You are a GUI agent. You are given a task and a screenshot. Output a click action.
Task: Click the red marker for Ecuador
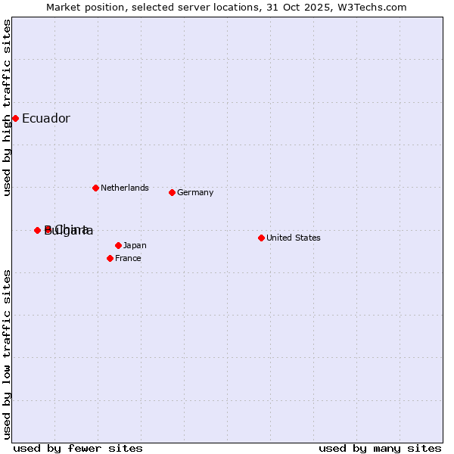click(x=15, y=118)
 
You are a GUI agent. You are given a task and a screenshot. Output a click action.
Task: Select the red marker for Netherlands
click(x=95, y=188)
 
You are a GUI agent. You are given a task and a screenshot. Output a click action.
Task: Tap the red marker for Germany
click(x=172, y=192)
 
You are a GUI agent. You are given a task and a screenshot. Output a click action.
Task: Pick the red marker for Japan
click(x=118, y=245)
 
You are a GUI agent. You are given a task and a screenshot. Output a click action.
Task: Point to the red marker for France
click(x=110, y=258)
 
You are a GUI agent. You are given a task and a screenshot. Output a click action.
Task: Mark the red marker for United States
click(x=261, y=238)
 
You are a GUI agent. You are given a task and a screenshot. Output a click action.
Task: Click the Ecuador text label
click(x=45, y=118)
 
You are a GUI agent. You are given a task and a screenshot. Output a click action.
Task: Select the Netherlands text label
click(x=124, y=188)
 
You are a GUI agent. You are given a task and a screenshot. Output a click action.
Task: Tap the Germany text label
click(x=195, y=192)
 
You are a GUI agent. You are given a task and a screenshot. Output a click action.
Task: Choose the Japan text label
click(x=135, y=245)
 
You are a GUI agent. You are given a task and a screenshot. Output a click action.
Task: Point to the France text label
click(x=128, y=258)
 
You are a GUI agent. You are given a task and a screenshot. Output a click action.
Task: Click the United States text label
click(x=293, y=238)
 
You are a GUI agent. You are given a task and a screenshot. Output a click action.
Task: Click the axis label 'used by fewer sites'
click(x=78, y=448)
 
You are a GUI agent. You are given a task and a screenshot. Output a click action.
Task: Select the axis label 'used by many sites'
click(x=380, y=448)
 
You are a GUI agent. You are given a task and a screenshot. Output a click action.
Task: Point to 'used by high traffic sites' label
click(x=7, y=107)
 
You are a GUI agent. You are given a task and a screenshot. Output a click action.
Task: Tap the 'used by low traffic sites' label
click(x=7, y=354)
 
